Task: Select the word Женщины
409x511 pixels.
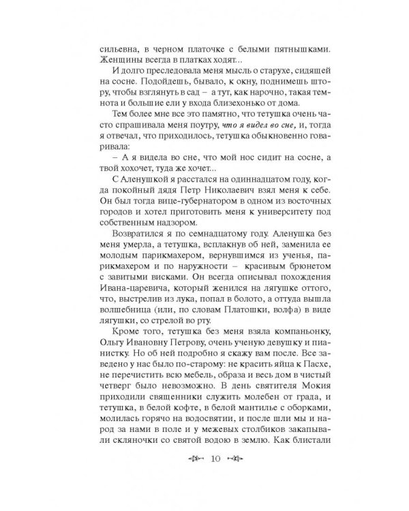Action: [121, 63]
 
